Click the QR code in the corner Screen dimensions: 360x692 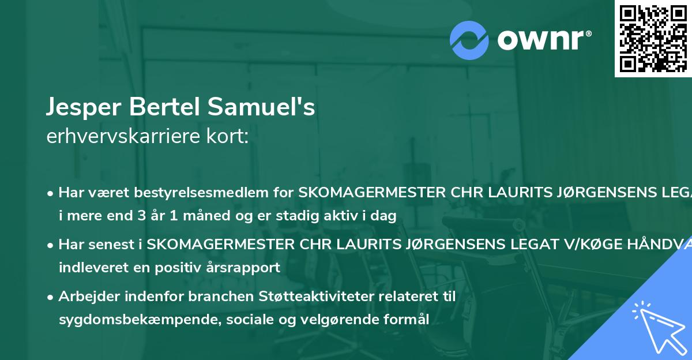tap(653, 39)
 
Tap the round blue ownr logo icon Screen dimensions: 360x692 tap(469, 40)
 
